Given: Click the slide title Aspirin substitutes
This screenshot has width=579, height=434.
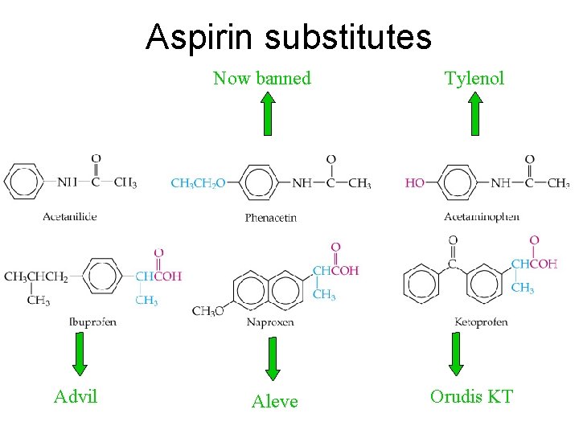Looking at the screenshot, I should (x=289, y=36).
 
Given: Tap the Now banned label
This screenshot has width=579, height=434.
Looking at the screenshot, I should (x=261, y=78).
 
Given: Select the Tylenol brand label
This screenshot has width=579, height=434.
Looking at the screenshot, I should (x=474, y=78).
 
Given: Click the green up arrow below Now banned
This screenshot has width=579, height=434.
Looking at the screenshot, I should (x=267, y=113).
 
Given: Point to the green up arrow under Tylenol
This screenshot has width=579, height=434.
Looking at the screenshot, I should (x=475, y=113).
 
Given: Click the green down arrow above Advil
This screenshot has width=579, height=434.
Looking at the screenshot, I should (x=78, y=354).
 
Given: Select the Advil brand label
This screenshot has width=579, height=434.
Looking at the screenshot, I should (x=76, y=396).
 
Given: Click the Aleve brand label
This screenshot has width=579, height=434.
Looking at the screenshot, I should (x=274, y=401).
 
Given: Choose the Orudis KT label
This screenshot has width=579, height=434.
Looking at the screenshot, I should (x=471, y=396).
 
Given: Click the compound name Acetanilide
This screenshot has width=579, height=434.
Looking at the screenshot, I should (x=71, y=216).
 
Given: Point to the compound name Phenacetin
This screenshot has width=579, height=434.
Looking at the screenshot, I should (x=271, y=218).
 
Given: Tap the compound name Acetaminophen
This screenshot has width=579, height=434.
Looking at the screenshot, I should (x=482, y=216).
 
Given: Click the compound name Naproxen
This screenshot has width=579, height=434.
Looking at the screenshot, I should (x=270, y=321).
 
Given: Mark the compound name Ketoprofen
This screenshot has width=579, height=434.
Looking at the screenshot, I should (x=481, y=321).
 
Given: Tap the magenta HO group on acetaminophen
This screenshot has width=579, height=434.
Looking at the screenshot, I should (x=415, y=183).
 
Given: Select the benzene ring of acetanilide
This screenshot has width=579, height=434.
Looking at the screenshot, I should (x=25, y=182).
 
